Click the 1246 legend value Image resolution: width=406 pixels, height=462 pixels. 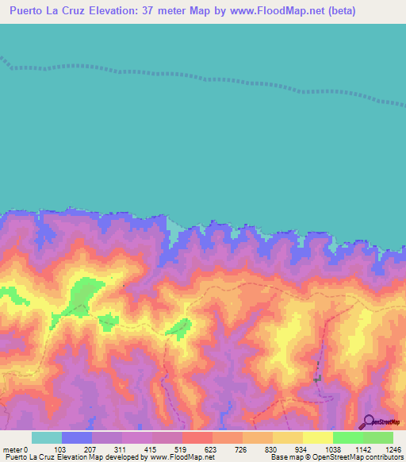(393, 449)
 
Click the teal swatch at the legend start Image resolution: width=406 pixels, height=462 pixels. (47, 437)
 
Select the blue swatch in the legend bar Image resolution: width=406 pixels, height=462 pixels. (77, 437)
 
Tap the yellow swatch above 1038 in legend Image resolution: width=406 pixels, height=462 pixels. (318, 437)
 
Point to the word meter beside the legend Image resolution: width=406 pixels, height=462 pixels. (12, 449)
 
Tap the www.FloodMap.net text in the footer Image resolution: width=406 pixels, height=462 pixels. (182, 457)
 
